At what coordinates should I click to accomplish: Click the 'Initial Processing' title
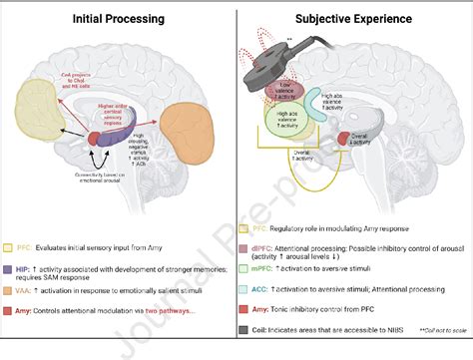point(118,19)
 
